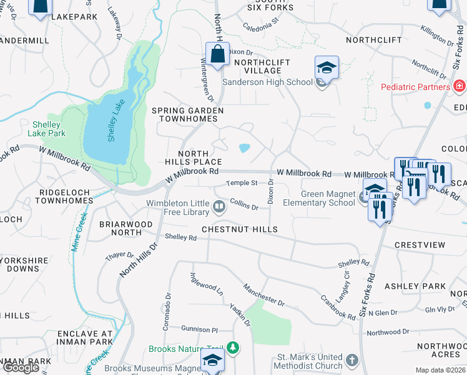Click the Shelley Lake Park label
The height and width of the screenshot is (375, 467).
coord(47,128)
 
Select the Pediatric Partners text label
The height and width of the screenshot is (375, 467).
coord(415,87)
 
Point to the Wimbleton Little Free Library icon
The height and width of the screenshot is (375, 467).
coord(219,206)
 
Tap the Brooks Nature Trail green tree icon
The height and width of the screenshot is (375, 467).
coord(233,347)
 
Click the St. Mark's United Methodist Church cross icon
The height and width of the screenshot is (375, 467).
coord(351,360)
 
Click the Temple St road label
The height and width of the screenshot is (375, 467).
coord(242,183)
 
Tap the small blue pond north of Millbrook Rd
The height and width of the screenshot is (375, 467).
coord(245,149)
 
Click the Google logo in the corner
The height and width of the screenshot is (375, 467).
coord(21,367)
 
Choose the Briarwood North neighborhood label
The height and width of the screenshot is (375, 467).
coord(125,228)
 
